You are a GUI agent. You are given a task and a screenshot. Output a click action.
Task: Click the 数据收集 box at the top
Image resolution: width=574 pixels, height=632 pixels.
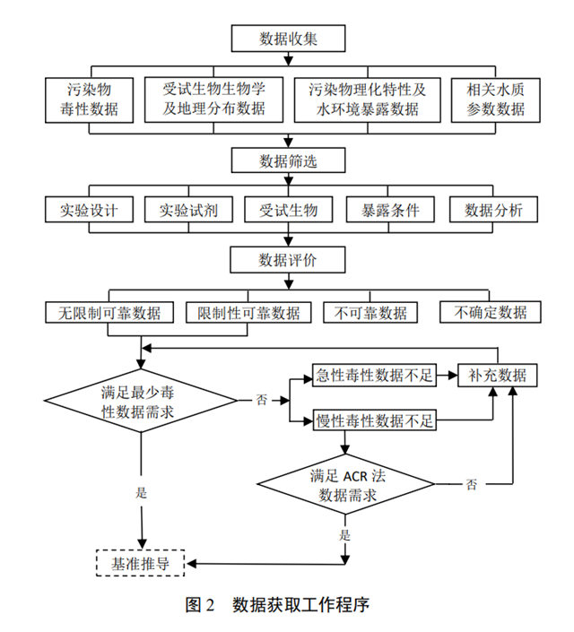point(288,39)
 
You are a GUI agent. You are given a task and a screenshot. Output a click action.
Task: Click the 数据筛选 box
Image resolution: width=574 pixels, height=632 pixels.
point(288,161)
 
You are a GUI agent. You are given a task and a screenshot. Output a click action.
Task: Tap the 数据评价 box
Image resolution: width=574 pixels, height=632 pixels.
point(288,260)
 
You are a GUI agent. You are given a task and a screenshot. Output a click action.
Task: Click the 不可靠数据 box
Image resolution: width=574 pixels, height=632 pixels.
point(370,313)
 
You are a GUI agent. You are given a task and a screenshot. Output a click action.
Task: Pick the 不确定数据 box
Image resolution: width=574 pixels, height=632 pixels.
point(491,313)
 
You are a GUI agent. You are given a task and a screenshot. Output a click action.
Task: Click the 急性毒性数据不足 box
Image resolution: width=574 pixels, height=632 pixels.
point(372,376)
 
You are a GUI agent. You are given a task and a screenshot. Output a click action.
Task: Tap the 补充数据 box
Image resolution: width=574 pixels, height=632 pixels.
point(498,376)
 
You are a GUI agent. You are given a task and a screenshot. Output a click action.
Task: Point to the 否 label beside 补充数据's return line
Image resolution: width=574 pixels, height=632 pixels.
point(471,483)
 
